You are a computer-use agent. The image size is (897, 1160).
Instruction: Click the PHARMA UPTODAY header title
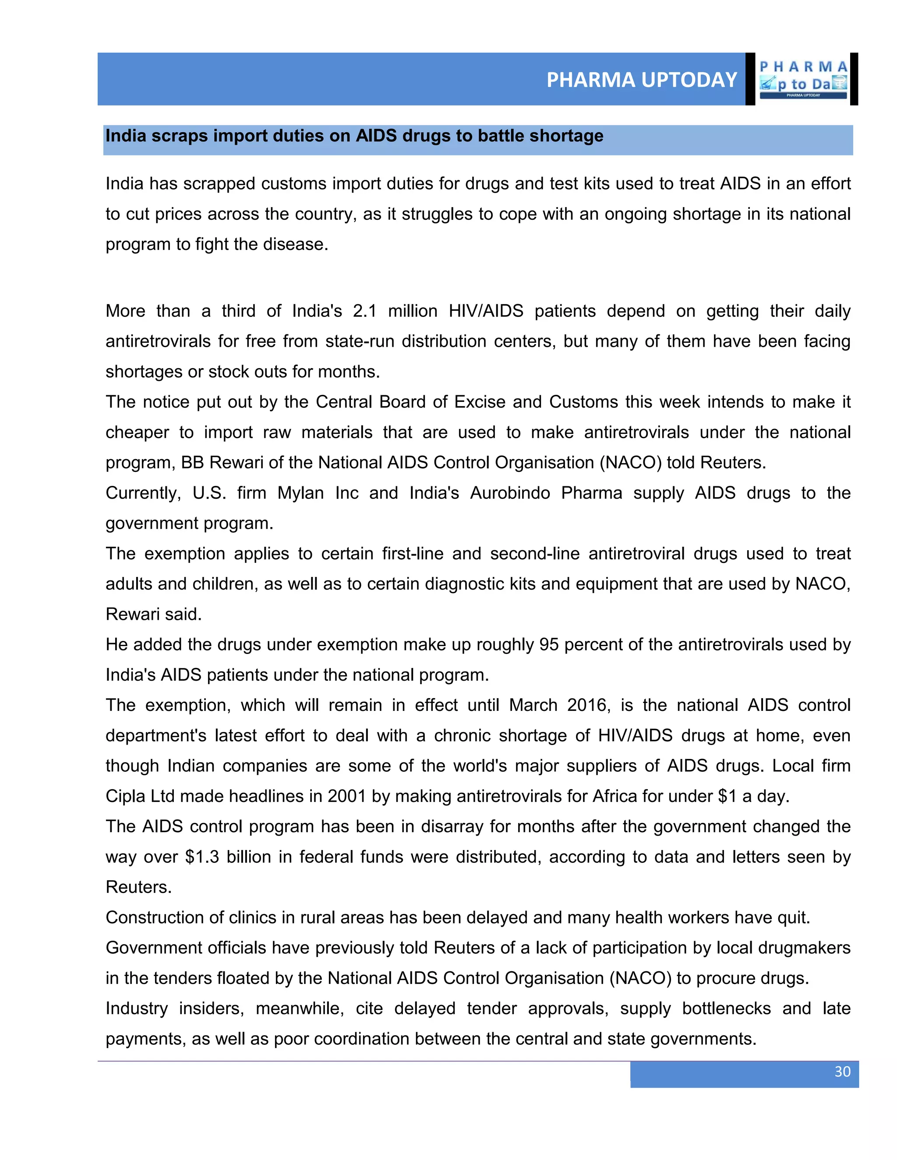pyautogui.click(x=641, y=80)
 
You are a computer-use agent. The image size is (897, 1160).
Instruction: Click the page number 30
pyautogui.click(x=842, y=1071)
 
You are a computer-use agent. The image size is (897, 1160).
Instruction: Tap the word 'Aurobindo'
pyautogui.click(x=510, y=493)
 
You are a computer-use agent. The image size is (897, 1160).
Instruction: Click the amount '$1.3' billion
pyautogui.click(x=202, y=857)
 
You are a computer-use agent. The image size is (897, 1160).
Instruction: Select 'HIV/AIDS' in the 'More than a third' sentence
pyautogui.click(x=486, y=311)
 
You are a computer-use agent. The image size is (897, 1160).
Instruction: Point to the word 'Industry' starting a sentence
pyautogui.click(x=137, y=1008)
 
